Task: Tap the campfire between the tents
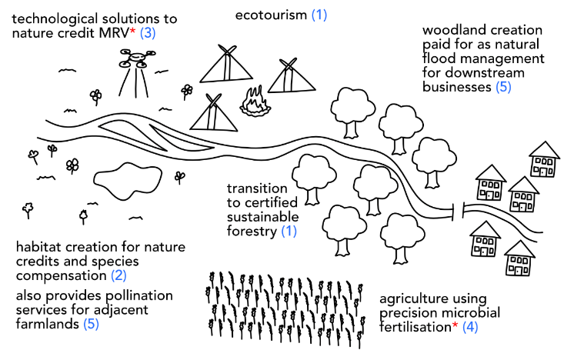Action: tap(255, 102)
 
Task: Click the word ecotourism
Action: tap(271, 15)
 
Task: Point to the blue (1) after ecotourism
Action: tap(319, 15)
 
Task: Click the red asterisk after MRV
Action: tap(132, 32)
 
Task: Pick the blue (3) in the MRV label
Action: tap(148, 33)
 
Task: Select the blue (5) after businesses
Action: tap(503, 87)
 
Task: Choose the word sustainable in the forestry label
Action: tap(262, 217)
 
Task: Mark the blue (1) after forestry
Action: tap(289, 232)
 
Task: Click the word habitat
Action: tap(38, 247)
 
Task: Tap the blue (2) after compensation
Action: tap(118, 276)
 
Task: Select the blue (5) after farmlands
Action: tap(91, 324)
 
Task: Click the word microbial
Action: tap(468, 313)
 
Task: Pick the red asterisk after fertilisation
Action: tap(455, 325)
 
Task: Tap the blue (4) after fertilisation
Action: tap(470, 327)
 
